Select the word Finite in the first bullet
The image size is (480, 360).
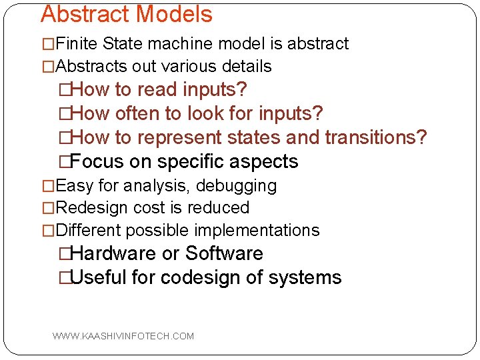coord(77,44)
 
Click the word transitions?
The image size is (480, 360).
coord(375,138)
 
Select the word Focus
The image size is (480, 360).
coord(97,162)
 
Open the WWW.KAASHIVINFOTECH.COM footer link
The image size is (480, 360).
coord(123,336)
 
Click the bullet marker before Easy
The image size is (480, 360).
coord(49,186)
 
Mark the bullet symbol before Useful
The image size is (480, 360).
coord(65,278)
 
